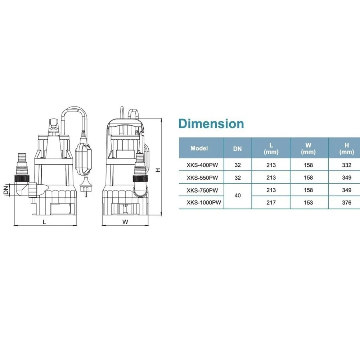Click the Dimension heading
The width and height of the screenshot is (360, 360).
tap(211, 123)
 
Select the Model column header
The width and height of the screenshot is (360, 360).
tap(199, 148)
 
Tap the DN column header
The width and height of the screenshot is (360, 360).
tap(237, 149)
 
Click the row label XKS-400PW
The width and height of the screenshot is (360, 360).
tap(202, 165)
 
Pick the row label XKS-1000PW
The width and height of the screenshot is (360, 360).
tap(204, 202)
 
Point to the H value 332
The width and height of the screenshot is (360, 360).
tap(346, 165)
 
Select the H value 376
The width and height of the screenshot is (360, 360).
tap(346, 202)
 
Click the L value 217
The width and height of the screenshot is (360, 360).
tap(271, 202)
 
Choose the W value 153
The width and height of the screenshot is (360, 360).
tap(308, 202)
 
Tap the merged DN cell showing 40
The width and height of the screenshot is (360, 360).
tap(238, 195)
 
